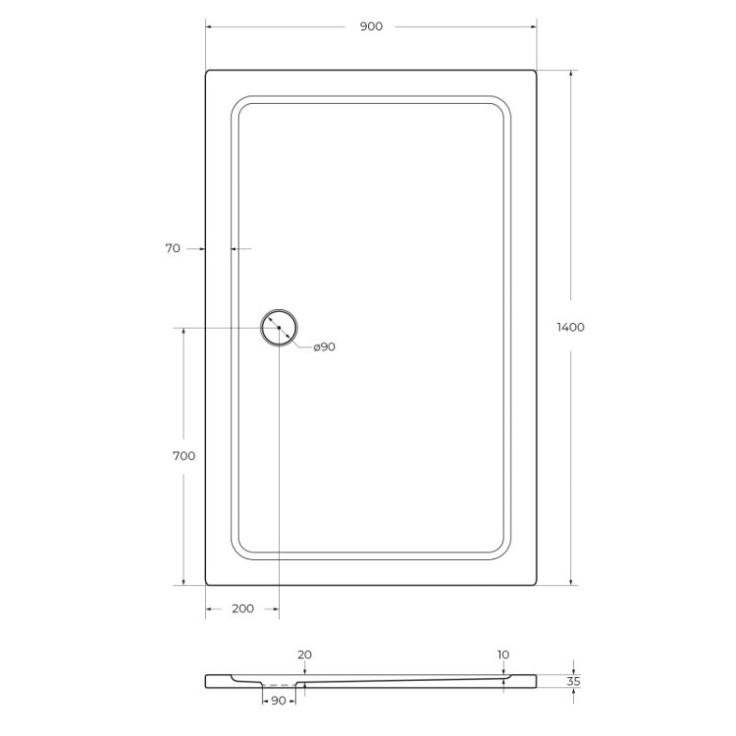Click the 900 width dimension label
pyautogui.click(x=370, y=26)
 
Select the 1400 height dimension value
pyautogui.click(x=570, y=327)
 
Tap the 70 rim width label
pyautogui.click(x=173, y=249)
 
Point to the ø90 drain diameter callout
pyautogui.click(x=324, y=346)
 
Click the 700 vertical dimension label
pyautogui.click(x=184, y=456)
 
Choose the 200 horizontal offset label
pyautogui.click(x=242, y=608)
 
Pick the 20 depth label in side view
pyautogui.click(x=304, y=655)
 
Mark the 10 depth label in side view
pyautogui.click(x=503, y=655)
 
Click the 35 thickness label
pyautogui.click(x=574, y=680)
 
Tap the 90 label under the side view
pyautogui.click(x=278, y=700)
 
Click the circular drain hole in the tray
pyautogui.click(x=279, y=327)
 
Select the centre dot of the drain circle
pyautogui.click(x=279, y=327)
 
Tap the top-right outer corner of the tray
pyautogui.click(x=536, y=71)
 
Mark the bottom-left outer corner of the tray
pyautogui.click(x=207, y=584)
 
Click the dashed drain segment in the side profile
pyautogui.click(x=281, y=685)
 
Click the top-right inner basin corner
pyautogui.click(x=502, y=104)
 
